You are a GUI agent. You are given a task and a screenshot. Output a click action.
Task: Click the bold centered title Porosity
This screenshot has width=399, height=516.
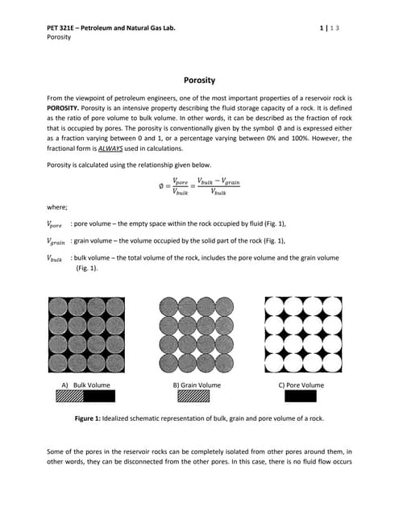199,81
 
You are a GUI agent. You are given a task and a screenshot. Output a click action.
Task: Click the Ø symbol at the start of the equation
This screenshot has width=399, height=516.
160,188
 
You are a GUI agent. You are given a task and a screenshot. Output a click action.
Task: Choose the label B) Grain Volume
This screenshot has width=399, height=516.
197,385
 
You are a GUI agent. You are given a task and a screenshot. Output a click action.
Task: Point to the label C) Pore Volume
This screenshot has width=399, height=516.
301,385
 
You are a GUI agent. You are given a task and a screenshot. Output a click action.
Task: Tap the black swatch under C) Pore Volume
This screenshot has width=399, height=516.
301,396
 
